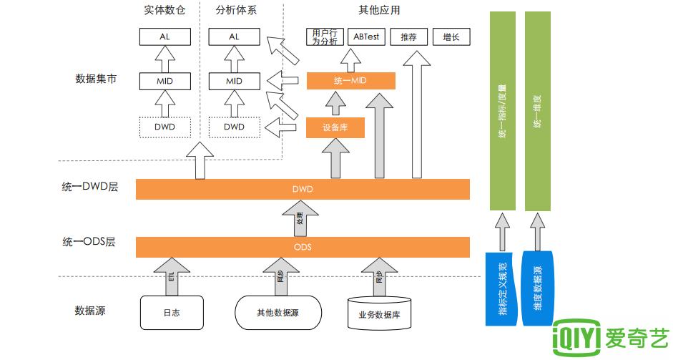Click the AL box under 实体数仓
click(x=164, y=37)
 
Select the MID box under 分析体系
click(x=234, y=81)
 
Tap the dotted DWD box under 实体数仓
click(x=164, y=127)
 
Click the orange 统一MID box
click(x=350, y=81)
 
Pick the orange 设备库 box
click(x=335, y=128)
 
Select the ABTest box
click(x=365, y=37)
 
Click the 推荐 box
click(x=408, y=37)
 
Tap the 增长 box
click(x=451, y=37)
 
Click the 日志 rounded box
click(x=171, y=313)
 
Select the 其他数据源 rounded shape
click(x=277, y=313)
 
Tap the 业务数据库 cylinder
click(x=379, y=313)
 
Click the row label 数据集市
click(x=96, y=79)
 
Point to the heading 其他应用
click(x=379, y=10)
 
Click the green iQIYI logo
click(x=611, y=338)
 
